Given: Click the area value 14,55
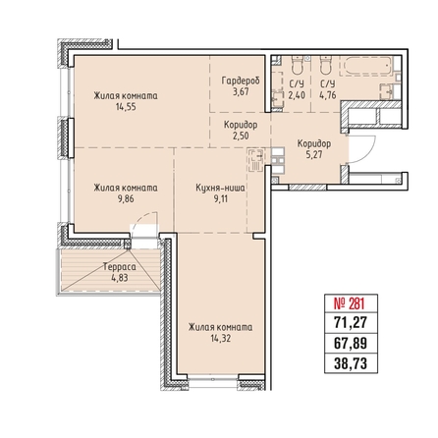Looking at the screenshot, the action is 126,107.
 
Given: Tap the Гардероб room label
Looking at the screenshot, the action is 241,81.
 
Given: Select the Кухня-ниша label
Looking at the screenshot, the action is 220,188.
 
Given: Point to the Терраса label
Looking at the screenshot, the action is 120,267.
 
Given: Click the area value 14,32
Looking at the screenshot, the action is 221,338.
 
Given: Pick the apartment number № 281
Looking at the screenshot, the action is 349,303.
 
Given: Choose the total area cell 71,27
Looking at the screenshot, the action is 351,323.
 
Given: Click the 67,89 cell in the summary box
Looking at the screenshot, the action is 351,344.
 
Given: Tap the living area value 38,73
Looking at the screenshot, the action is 351,363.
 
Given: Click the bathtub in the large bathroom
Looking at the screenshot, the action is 366,66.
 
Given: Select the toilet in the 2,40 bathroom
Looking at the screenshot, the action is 298,65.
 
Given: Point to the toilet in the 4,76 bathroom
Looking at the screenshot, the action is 326,65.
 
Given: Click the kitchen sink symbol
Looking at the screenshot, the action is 256,160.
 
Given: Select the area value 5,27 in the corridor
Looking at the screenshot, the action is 314,154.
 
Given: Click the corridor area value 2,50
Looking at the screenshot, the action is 241,136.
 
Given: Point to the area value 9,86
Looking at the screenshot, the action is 126,198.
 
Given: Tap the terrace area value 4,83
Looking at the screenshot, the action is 120,278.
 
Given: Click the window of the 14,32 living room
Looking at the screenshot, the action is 213,379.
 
